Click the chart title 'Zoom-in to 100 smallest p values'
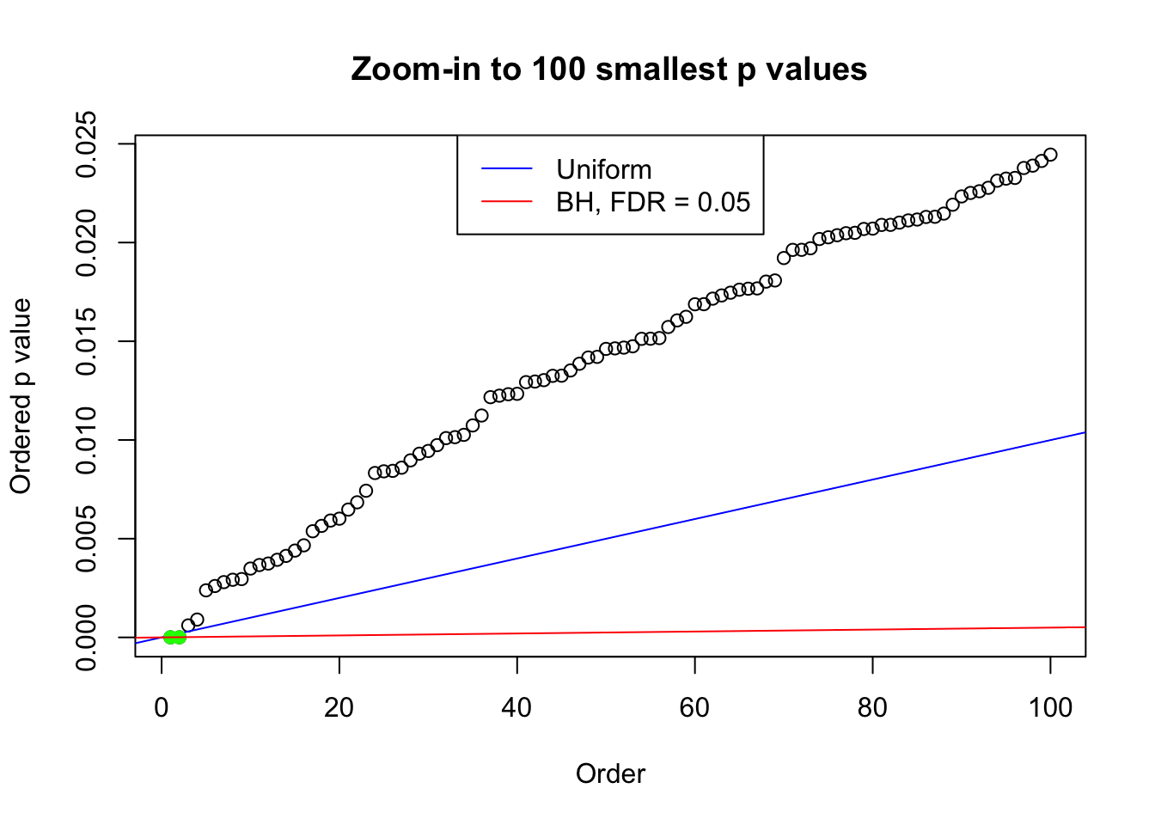pyautogui.click(x=608, y=69)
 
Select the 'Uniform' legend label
pyautogui.click(x=603, y=169)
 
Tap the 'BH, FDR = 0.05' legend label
pyautogui.click(x=653, y=202)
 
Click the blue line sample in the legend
pyautogui.click(x=507, y=169)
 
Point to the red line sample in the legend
pyautogui.click(x=507, y=202)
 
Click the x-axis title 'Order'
pyautogui.click(x=610, y=773)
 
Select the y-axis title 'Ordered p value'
pyautogui.click(x=21, y=396)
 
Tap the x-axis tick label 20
pyautogui.click(x=339, y=708)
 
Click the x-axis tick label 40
pyautogui.click(x=517, y=708)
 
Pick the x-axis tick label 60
pyautogui.click(x=694, y=708)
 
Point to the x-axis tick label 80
pyautogui.click(x=872, y=708)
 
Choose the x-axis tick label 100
pyautogui.click(x=1050, y=708)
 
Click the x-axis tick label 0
pyautogui.click(x=162, y=708)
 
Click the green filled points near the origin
pyautogui.click(x=174, y=637)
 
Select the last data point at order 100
pyautogui.click(x=1050, y=155)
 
